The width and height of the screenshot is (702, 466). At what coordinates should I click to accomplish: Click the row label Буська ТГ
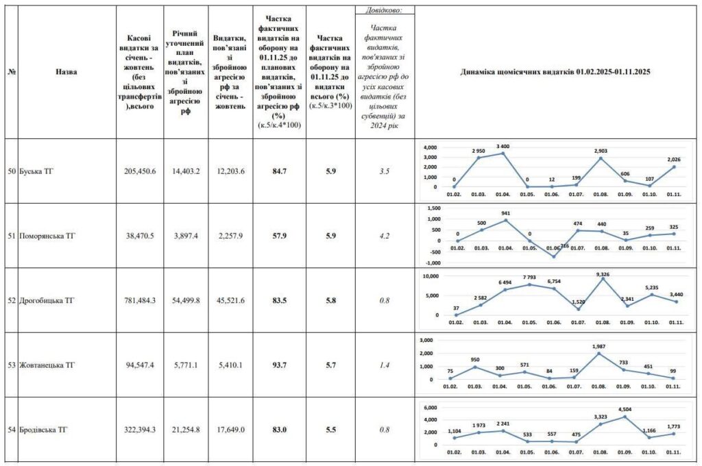pyautogui.click(x=36, y=171)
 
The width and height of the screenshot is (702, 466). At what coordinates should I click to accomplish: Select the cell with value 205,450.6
pyautogui.click(x=140, y=171)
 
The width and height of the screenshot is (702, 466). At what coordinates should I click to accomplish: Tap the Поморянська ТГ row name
pyautogui.click(x=47, y=236)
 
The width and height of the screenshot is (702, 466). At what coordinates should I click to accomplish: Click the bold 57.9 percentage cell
pyautogui.click(x=280, y=236)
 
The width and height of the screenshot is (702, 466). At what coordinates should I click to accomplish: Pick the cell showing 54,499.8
pyautogui.click(x=186, y=300)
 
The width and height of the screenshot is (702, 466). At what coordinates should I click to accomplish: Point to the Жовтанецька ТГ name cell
pyautogui.click(x=47, y=365)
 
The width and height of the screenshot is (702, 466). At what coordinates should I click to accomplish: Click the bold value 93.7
pyautogui.click(x=280, y=365)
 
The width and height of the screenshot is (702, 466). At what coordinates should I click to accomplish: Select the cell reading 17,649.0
pyautogui.click(x=230, y=430)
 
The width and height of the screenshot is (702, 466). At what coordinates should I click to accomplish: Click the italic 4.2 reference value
pyautogui.click(x=385, y=236)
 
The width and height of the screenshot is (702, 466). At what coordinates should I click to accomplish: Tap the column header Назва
pyautogui.click(x=66, y=72)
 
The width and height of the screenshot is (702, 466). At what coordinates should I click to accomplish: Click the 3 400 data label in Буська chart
pyautogui.click(x=503, y=147)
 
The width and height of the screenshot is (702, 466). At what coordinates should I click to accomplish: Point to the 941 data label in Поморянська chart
pyautogui.click(x=506, y=214)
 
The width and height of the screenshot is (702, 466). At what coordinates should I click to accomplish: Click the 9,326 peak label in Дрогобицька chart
pyautogui.click(x=603, y=274)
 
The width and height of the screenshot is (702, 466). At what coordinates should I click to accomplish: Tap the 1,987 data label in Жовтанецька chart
pyautogui.click(x=598, y=347)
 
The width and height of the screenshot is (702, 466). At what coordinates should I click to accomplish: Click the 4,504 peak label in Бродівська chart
pyautogui.click(x=625, y=409)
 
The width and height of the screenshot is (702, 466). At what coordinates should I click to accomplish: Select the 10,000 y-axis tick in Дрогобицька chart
pyautogui.click(x=431, y=276)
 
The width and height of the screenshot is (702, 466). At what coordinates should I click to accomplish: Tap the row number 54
pyautogui.click(x=12, y=430)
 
